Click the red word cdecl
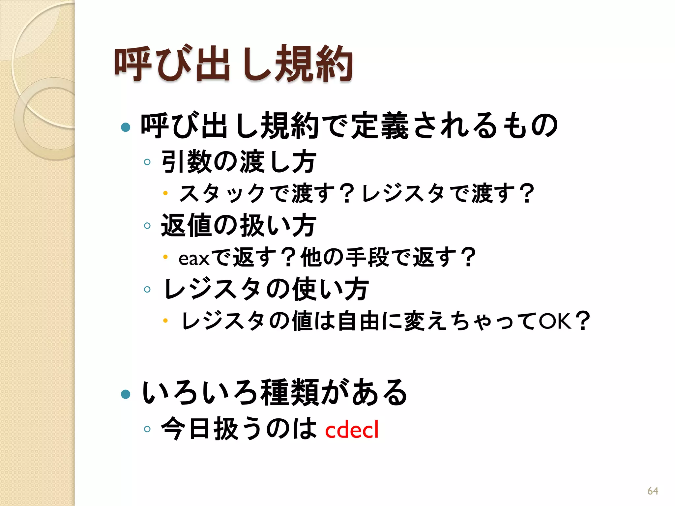(352, 430)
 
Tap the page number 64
(653, 491)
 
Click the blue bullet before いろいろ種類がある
(126, 394)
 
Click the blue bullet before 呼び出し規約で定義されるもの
(126, 127)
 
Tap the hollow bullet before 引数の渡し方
(147, 162)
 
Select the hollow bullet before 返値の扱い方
(147, 226)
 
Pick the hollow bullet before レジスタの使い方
(147, 290)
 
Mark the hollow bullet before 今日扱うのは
(147, 429)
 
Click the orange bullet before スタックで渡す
(165, 193)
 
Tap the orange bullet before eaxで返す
(165, 257)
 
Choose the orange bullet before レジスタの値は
(165, 320)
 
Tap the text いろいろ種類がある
(274, 393)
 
